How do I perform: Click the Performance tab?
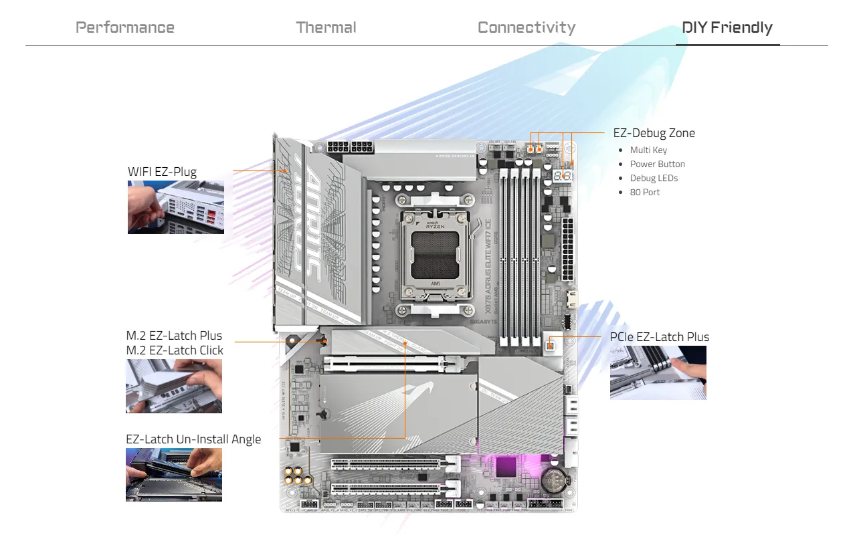[x=125, y=27]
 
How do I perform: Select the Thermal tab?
[x=326, y=27]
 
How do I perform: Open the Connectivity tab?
[x=527, y=27]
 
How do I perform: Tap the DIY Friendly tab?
[x=727, y=27]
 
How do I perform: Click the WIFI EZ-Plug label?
[x=162, y=172]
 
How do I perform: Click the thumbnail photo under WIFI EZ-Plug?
[x=176, y=207]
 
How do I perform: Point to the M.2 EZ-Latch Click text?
[x=175, y=350]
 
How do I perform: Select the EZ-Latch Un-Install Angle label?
[x=193, y=439]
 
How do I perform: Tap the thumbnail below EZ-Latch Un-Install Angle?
[x=174, y=475]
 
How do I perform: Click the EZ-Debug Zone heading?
[x=654, y=133]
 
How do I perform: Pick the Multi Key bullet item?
[x=648, y=150]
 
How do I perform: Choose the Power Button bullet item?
[x=657, y=165]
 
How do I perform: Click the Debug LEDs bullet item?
[x=654, y=179]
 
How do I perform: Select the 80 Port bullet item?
[x=644, y=193]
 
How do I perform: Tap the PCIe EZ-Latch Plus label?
[x=660, y=337]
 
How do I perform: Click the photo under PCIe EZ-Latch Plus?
[x=658, y=372]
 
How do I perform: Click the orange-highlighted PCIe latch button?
[x=551, y=345]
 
